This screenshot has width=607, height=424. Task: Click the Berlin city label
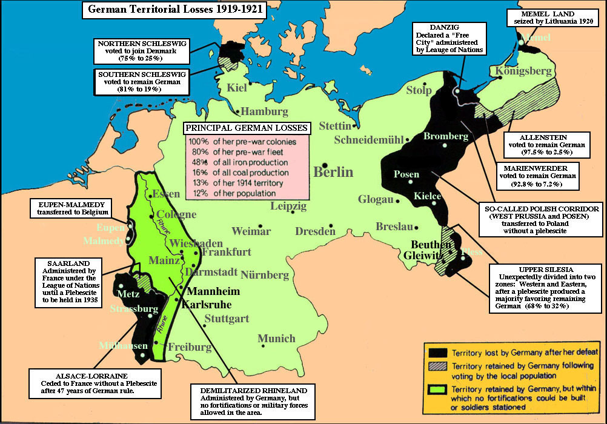point(333,171)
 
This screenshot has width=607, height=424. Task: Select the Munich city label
point(276,339)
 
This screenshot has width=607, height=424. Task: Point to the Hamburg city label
point(264,111)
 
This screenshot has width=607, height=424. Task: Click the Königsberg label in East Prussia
point(524,71)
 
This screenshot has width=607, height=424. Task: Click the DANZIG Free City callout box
point(449,38)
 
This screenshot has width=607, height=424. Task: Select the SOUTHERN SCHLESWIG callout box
point(134,82)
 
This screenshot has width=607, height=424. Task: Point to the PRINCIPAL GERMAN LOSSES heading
point(247,128)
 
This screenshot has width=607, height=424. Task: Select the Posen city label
point(406,174)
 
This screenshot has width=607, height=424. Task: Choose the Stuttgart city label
point(227,319)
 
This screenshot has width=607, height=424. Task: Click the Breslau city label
point(394,227)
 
